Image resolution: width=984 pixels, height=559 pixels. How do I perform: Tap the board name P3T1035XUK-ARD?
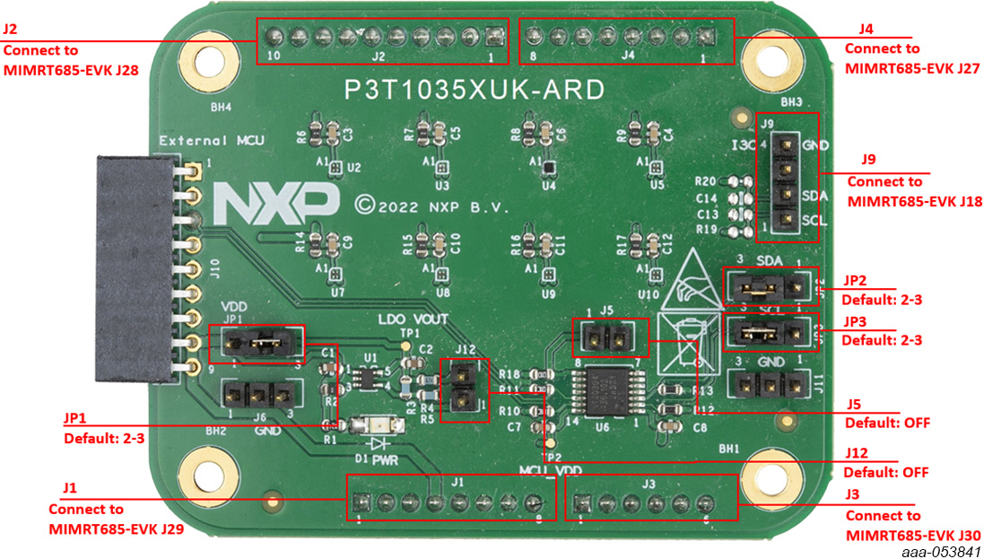[x=475, y=90]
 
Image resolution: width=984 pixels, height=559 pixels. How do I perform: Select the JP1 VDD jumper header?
[x=257, y=344]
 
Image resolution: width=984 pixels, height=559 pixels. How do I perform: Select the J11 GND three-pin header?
[x=771, y=386]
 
